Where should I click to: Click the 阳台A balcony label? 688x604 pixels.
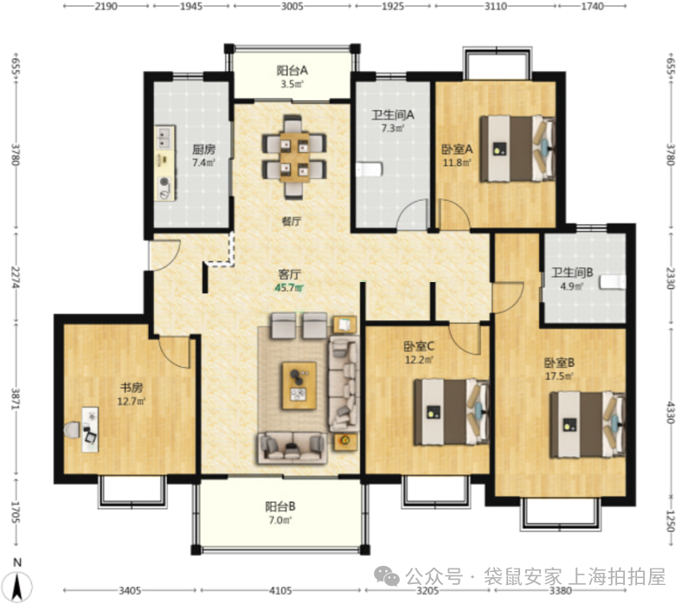coord(292,70)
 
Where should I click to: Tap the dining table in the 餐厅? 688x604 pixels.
coord(294,157)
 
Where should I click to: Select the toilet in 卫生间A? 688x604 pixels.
coord(369,170)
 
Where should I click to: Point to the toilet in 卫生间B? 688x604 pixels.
coord(613,282)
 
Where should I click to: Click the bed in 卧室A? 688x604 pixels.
coord(518,148)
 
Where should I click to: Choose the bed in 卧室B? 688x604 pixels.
coord(588,425)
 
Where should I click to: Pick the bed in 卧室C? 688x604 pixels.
coord(452,412)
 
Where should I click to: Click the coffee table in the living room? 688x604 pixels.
coord(299,386)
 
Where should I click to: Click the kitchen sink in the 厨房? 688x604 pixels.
coord(164,137)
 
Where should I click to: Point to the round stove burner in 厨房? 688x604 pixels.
coord(164,181)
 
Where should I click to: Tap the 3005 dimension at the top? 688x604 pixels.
coord(292,6)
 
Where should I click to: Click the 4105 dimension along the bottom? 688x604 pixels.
coord(280,590)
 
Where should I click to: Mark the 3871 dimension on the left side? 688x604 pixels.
coord(16,399)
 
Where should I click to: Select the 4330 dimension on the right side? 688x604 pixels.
coord(670,412)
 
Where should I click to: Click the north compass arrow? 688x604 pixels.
coord(17,586)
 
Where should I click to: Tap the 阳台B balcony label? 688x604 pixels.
coord(280,506)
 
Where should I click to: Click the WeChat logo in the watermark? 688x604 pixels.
coord(387,576)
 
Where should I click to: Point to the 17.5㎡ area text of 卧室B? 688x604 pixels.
coord(559,376)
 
